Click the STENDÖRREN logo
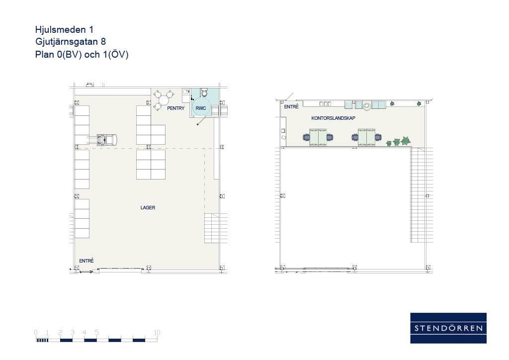448,328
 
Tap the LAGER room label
148,208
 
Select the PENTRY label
175,108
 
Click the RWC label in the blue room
201,108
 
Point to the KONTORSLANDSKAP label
333,118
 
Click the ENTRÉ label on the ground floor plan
86,261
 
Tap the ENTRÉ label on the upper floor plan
291,106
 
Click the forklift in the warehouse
102,140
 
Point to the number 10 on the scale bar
157,333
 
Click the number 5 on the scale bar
97,333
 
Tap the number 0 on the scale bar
36,333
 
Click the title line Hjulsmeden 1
64,29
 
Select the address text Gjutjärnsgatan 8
71,42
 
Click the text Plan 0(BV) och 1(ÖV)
82,54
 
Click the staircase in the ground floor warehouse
212,228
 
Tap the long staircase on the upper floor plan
418,195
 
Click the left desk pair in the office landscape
318,137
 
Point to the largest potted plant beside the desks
406,141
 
